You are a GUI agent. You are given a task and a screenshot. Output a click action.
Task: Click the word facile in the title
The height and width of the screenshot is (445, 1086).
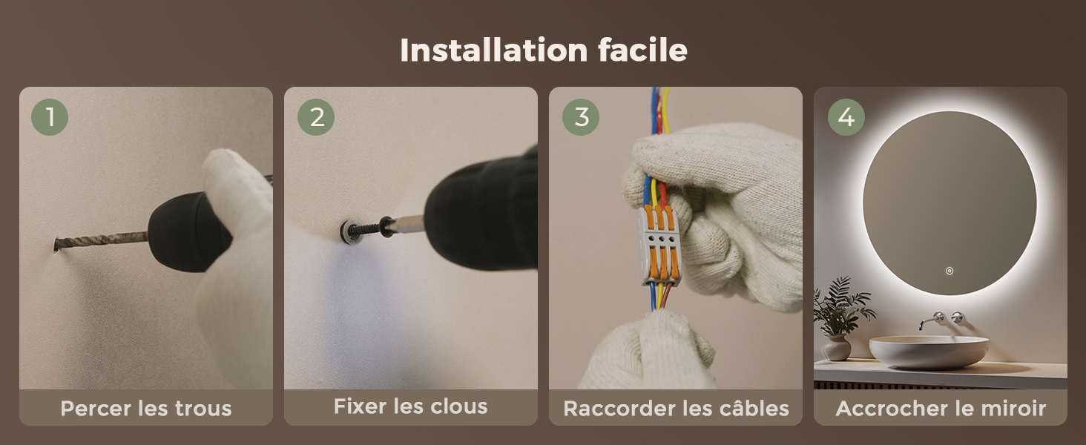642,50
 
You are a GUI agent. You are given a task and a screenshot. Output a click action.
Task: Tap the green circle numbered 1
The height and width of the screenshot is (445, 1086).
50,117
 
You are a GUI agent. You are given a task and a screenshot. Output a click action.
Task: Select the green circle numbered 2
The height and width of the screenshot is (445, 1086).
316,117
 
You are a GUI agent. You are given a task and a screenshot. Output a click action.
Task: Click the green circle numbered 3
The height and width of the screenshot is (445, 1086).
581,117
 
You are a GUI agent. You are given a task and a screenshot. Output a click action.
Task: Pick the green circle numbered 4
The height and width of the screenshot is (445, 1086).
846,117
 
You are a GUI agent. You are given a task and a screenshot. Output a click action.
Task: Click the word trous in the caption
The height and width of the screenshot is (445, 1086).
203,409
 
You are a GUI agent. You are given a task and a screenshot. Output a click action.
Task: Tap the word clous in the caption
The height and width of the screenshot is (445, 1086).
458,406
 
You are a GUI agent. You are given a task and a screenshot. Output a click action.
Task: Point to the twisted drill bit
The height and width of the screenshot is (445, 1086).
102,241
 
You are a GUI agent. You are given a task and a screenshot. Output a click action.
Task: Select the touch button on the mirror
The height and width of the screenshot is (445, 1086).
950,271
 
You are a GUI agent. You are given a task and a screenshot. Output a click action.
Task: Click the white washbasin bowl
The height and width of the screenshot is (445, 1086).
929,352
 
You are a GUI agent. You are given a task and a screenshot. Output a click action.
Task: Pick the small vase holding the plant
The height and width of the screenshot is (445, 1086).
836,348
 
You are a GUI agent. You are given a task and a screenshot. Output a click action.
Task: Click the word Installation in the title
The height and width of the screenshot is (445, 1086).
494,50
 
